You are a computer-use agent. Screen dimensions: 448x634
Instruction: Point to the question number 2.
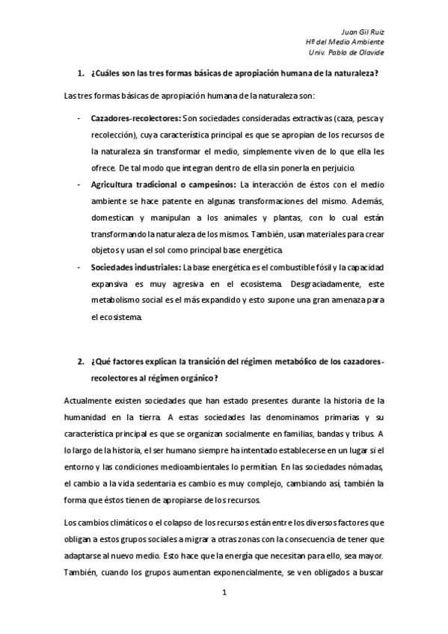(80, 361)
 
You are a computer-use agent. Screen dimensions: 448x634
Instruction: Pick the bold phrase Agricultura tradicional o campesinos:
(163, 185)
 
